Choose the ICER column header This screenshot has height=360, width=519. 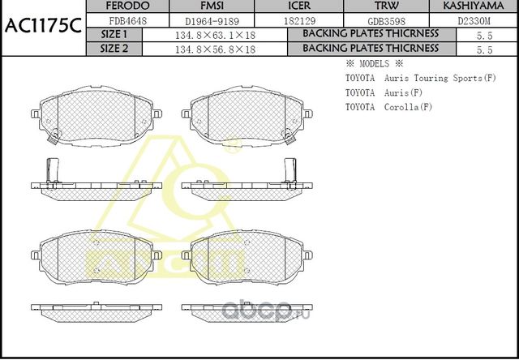[288, 6]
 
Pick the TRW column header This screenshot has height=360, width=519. [376, 6]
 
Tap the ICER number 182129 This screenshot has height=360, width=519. [288, 19]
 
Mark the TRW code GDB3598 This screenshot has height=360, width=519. [376, 19]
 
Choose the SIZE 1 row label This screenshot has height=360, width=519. [114, 34]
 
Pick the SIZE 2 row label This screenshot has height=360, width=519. [114, 49]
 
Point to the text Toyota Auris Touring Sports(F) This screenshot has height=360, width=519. [420, 78]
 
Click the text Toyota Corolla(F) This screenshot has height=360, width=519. [388, 107]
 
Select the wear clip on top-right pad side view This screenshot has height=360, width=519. [289, 169]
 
